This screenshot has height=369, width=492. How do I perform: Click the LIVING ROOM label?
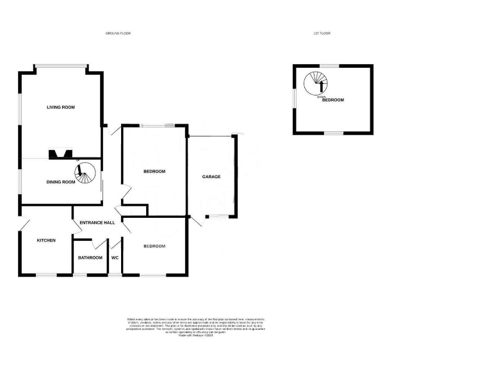tap(60, 107)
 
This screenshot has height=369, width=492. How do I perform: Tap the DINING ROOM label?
tap(60, 182)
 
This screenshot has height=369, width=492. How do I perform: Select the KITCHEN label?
tap(45, 240)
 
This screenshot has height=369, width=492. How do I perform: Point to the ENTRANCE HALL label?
tap(97, 222)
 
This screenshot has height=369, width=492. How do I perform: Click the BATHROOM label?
tap(90, 258)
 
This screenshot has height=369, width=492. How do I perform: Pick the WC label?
tap(115, 258)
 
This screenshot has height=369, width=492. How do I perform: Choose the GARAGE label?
tap(211, 176)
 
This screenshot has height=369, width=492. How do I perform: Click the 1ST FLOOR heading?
tap(322, 33)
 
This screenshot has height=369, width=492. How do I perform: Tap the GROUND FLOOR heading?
tap(118, 33)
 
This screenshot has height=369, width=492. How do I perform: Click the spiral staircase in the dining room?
tap(84, 172)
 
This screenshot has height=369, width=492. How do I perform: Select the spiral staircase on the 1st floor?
tap(315, 82)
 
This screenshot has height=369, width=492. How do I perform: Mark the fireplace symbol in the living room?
tap(60, 154)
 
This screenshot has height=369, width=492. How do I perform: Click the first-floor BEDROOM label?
tap(333, 100)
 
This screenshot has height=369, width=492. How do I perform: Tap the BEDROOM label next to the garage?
tap(154, 171)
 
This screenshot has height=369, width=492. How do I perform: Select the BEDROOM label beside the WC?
tap(154, 246)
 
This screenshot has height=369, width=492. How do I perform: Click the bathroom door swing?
tap(97, 243)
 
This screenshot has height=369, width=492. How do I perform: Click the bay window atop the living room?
tap(60, 65)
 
